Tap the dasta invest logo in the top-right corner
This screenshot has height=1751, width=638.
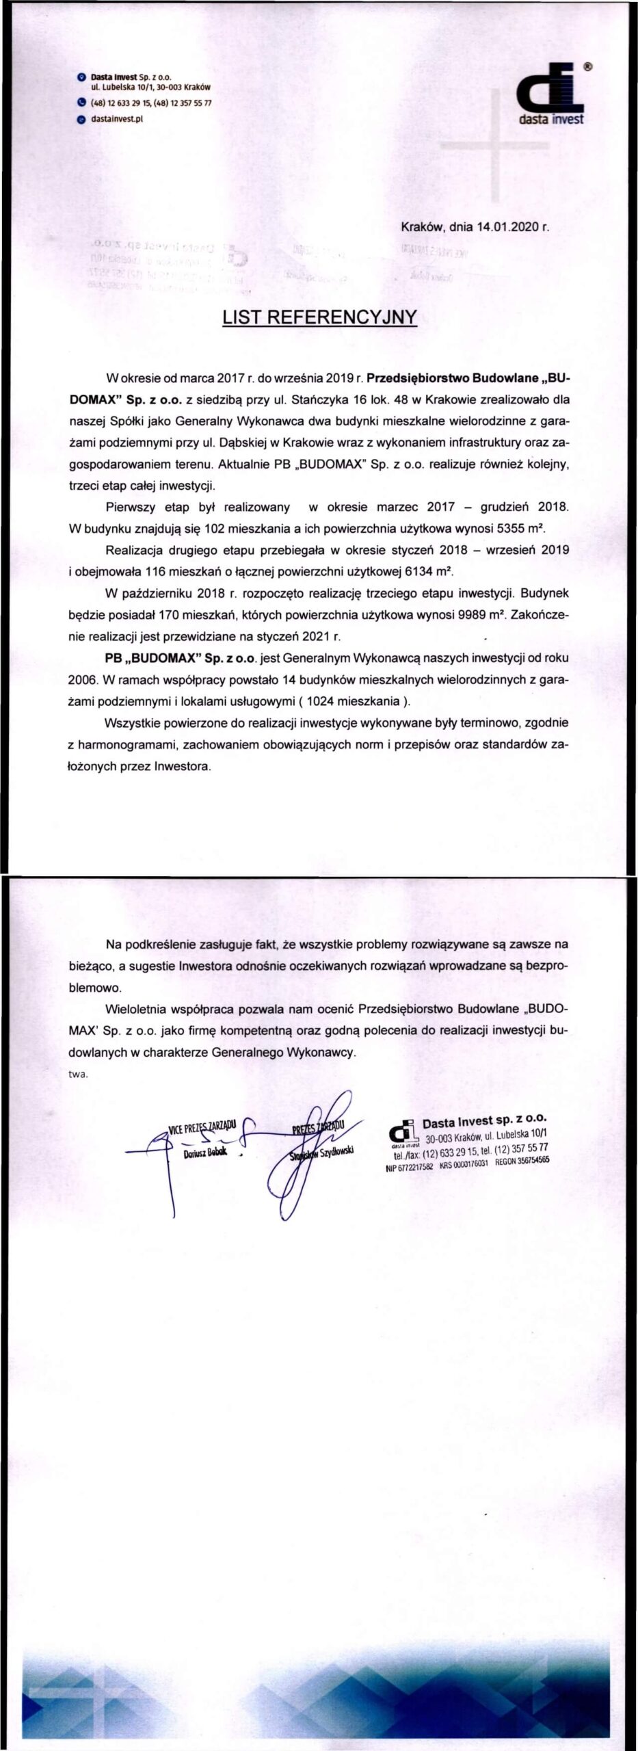(551, 96)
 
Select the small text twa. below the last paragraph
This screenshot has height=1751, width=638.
(79, 1075)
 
